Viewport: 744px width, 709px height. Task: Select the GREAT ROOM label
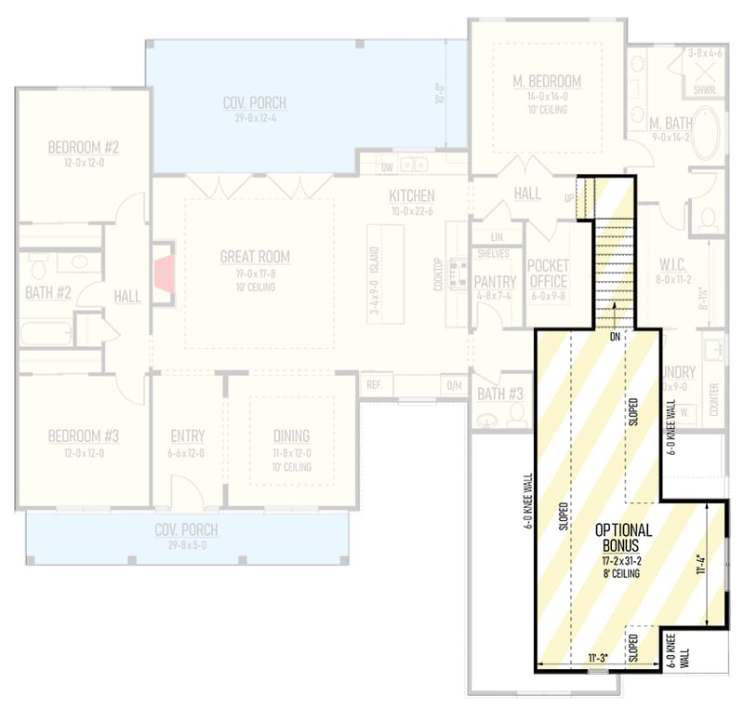(x=255, y=257)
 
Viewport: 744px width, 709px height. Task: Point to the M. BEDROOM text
(x=547, y=82)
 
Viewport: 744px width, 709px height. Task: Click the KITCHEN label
(x=412, y=196)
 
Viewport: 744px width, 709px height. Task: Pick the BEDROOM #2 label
(x=84, y=147)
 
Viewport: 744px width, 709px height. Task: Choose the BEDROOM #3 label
(x=84, y=435)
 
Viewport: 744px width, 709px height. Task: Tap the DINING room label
(x=291, y=435)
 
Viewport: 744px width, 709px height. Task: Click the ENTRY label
(x=188, y=435)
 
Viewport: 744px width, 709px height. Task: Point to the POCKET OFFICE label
(x=548, y=273)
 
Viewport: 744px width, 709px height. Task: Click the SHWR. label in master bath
(x=704, y=90)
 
